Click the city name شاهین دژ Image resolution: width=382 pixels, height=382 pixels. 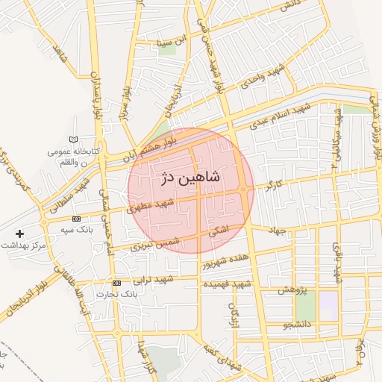190,178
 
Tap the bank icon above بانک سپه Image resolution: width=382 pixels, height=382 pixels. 77,219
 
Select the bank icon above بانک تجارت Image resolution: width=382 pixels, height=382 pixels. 116,284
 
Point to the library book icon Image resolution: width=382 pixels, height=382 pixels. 72,140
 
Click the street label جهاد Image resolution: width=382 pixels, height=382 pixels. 279,231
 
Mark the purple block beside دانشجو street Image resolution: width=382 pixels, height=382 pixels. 328,302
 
